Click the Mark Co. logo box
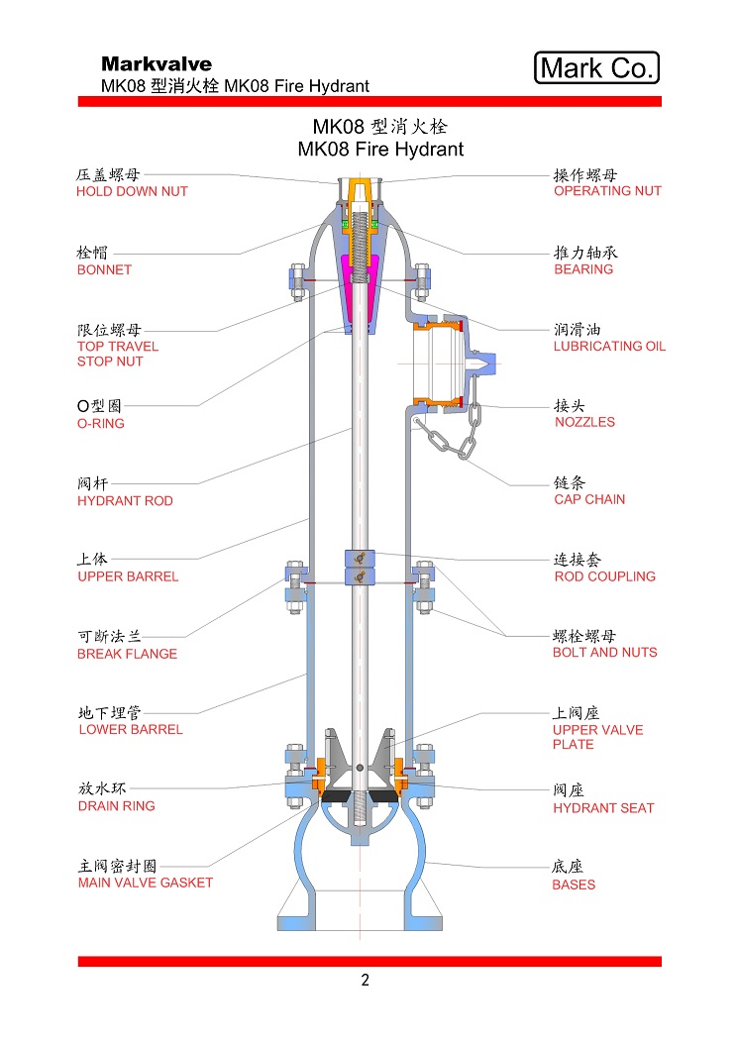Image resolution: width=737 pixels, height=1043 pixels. pos(596,67)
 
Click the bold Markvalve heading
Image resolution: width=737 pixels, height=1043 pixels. pos(157,63)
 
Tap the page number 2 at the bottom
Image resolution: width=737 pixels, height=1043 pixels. pos(366,980)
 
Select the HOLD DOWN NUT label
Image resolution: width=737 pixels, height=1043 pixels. pos(132,191)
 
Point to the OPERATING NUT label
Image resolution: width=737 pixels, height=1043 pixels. pos(607,191)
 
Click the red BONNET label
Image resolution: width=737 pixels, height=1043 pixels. pos(104,270)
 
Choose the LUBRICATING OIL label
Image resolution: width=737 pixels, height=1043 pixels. pos(609,346)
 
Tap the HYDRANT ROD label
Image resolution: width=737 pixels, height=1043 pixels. pos(125,501)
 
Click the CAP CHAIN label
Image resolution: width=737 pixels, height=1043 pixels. pos(589,499)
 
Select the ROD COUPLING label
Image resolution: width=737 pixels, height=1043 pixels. pos(604,576)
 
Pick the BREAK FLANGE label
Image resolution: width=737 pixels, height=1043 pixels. pos(127,654)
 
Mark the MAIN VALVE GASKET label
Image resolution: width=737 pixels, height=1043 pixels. pos(146,883)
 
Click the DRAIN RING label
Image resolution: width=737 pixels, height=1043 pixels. pos(117,806)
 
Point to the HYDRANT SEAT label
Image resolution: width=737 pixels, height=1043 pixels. pos(603,808)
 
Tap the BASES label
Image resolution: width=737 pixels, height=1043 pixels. pos(574,885)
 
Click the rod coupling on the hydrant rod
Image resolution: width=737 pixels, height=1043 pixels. pos(360,568)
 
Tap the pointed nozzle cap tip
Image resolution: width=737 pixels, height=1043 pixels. pos(492,364)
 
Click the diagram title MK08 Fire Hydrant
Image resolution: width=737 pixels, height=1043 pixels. pos(380,149)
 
